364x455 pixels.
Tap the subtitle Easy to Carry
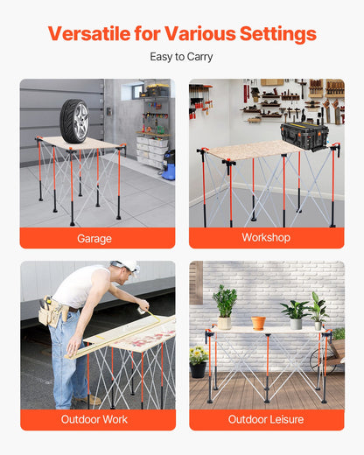[181, 58]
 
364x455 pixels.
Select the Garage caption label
[94, 238]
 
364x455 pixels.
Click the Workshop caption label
[266, 238]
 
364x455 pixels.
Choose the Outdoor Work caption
[94, 419]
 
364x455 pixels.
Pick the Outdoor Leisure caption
[266, 419]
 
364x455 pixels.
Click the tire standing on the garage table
[74, 120]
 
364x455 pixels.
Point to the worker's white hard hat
[129, 264]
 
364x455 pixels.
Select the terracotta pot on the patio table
[258, 323]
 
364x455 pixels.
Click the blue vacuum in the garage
[168, 166]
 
